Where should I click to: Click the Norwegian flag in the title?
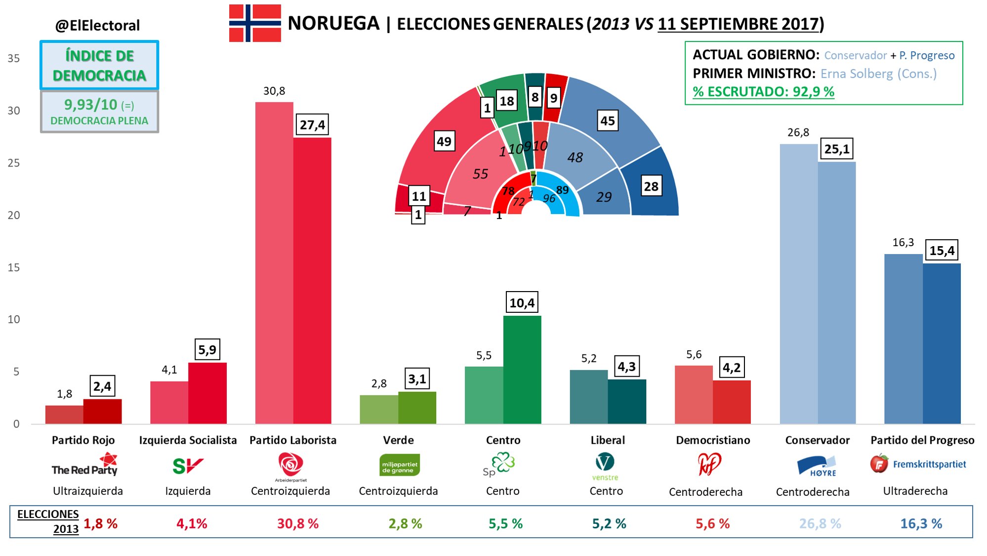255,23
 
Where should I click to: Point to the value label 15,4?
942,251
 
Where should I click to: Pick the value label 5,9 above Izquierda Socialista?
207,350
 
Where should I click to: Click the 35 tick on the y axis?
14,58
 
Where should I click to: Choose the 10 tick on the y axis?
14,319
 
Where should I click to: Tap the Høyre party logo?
817,466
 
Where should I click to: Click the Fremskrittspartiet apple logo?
879,464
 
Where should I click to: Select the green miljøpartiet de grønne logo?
399,465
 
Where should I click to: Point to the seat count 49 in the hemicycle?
444,141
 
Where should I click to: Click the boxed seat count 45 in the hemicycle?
608,121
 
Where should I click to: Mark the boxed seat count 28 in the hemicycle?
651,186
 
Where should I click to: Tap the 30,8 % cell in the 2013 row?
297,523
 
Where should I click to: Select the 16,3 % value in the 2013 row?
921,523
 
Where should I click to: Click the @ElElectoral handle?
98,25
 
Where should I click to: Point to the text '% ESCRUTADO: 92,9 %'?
763,91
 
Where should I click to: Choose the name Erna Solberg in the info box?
856,74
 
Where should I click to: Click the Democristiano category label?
713,440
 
